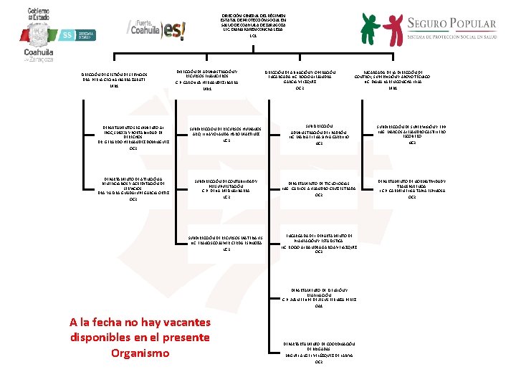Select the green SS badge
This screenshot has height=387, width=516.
tap(67, 33)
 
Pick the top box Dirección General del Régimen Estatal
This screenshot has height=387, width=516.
tap(252, 23)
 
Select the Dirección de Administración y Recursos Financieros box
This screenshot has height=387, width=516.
tap(207, 79)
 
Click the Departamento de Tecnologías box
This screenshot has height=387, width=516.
tap(319, 188)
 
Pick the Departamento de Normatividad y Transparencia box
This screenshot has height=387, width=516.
tap(411, 188)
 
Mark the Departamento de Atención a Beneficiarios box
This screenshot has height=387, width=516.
tap(133, 188)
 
